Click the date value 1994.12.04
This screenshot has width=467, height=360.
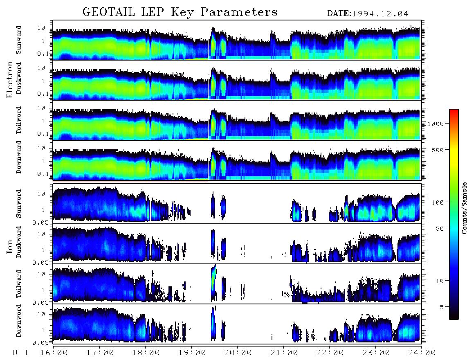tap(380, 14)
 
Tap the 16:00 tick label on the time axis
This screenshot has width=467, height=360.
tap(54, 353)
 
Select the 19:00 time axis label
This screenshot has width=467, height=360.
tap(192, 353)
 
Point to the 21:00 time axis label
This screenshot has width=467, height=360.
tap(284, 353)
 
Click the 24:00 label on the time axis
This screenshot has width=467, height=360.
tap(422, 353)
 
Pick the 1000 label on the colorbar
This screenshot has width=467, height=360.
tap(436, 124)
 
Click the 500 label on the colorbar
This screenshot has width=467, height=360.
tap(438, 150)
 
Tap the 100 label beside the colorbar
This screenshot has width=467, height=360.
tap(438, 202)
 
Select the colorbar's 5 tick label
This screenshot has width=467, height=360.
tap(442, 307)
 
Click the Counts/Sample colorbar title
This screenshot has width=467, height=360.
tap(464, 208)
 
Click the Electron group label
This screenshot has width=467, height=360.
tap(10, 79)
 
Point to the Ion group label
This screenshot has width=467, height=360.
tap(10, 246)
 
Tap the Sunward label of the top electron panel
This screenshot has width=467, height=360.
tap(19, 40)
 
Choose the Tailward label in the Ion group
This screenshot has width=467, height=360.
tap(19, 284)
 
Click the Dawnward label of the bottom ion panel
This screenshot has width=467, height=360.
tap(19, 320)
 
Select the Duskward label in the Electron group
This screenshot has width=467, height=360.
tap(19, 78)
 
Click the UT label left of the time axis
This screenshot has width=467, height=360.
tap(21, 353)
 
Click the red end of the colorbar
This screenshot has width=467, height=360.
tap(454, 111)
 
